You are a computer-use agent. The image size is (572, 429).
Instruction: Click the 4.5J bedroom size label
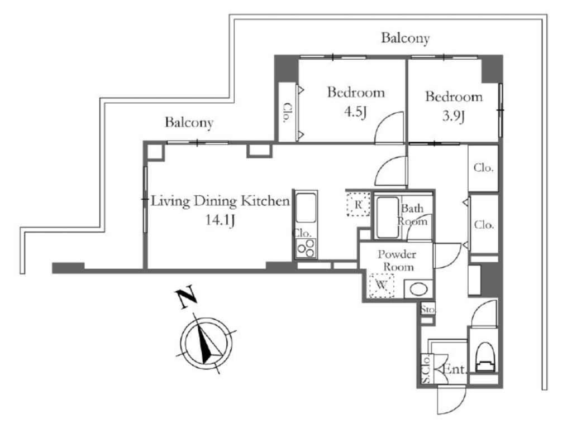click(x=355, y=112)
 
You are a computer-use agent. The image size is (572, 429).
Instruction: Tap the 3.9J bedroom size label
click(x=453, y=117)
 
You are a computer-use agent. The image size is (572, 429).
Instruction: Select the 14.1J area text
click(x=220, y=220)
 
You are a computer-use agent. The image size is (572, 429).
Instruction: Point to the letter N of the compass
click(x=187, y=298)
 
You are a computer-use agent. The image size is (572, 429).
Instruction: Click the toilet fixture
click(x=485, y=356)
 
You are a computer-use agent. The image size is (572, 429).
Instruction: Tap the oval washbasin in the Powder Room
click(x=418, y=290)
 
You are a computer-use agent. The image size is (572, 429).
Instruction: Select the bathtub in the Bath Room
click(x=387, y=217)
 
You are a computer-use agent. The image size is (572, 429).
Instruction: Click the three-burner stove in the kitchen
click(x=306, y=248)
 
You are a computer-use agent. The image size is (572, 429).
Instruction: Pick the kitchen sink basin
click(x=306, y=208)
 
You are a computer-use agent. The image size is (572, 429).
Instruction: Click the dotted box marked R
click(x=358, y=205)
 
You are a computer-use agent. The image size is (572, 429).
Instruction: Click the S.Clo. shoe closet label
click(x=426, y=369)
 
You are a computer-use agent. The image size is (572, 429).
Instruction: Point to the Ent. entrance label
click(x=455, y=369)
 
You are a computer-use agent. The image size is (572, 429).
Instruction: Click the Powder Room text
click(x=397, y=261)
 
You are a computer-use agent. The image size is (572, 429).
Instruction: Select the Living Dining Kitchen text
click(x=220, y=201)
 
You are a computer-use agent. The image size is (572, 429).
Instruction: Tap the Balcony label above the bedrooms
click(x=406, y=37)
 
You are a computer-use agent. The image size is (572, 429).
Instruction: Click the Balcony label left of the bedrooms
click(x=189, y=122)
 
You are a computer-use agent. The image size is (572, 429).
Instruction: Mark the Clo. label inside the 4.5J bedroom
click(x=288, y=113)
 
